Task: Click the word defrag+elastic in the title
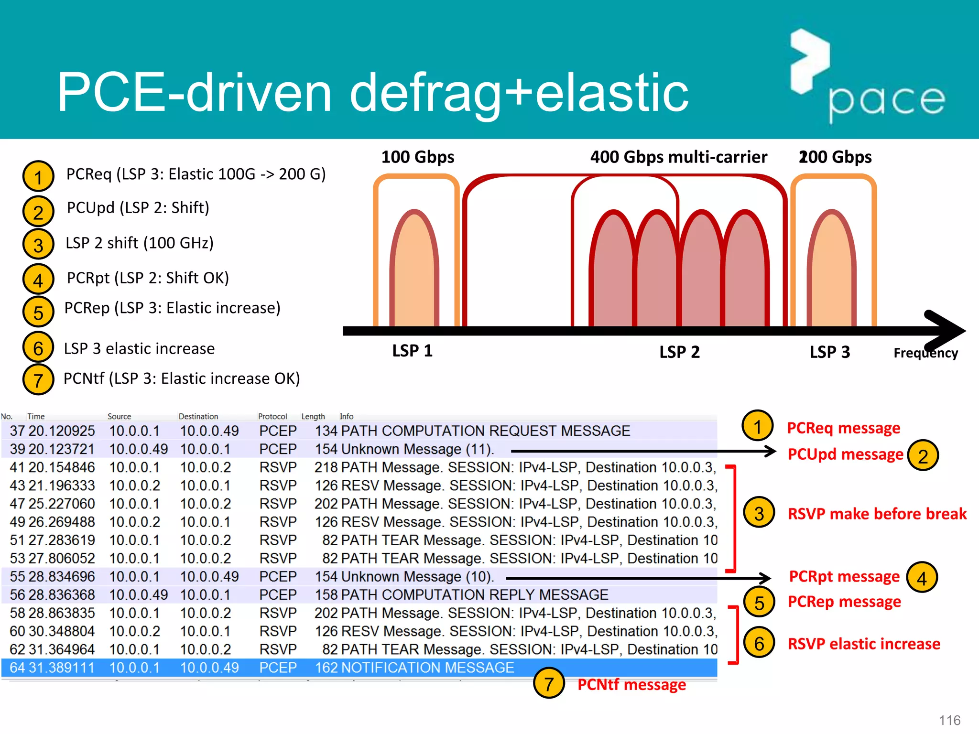(519, 93)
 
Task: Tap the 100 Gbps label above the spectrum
(417, 157)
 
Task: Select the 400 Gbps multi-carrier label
(678, 157)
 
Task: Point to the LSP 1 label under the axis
(412, 351)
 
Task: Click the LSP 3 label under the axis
(829, 352)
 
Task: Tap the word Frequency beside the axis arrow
(925, 353)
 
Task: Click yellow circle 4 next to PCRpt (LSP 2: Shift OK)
(38, 280)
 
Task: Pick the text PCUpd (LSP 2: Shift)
(138, 208)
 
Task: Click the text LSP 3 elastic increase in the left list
(139, 349)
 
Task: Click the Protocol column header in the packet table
(272, 416)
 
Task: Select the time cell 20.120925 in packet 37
(62, 431)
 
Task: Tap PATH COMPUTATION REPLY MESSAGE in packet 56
(474, 595)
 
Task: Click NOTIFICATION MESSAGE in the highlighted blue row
(427, 668)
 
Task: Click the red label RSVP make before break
(877, 514)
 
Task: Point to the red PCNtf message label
(631, 685)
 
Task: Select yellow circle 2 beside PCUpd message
(923, 455)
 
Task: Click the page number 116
(949, 720)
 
